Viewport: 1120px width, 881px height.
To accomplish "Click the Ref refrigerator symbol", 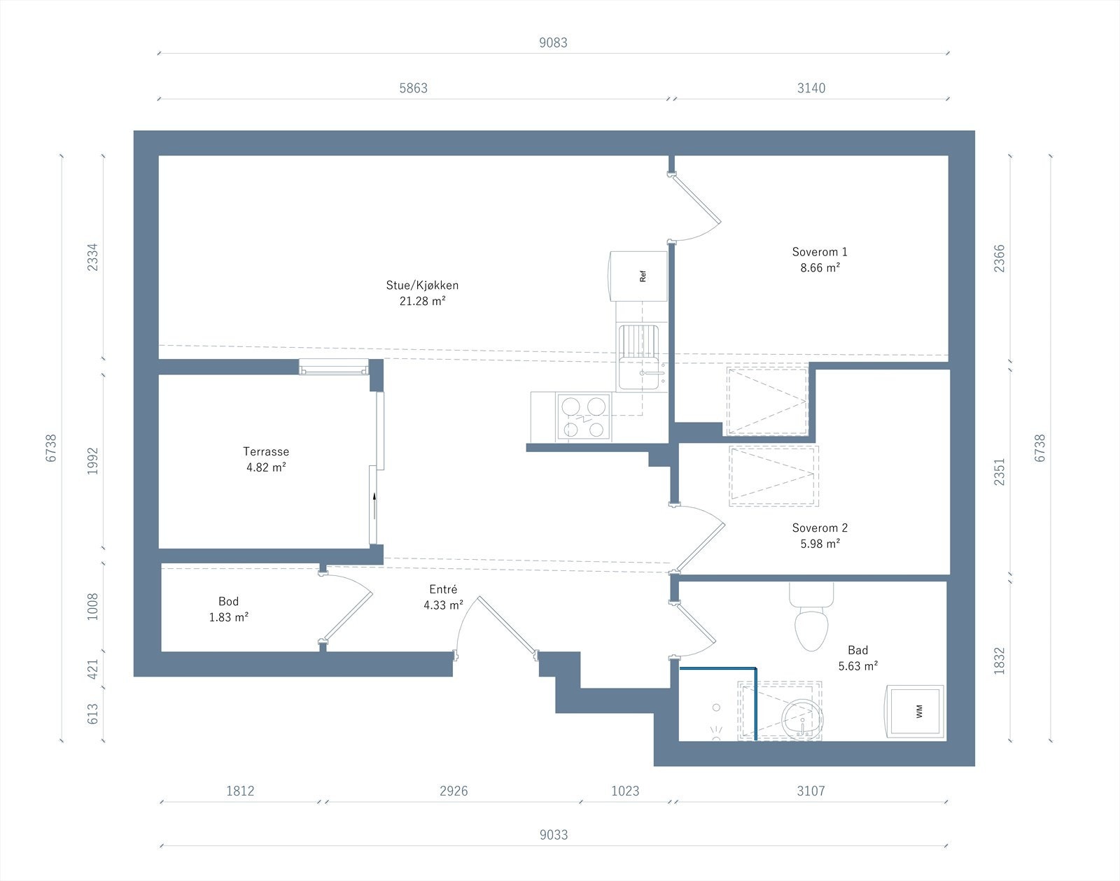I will [638, 276].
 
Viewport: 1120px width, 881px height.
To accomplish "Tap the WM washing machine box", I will [916, 712].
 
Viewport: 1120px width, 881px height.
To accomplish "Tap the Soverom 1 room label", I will [819, 252].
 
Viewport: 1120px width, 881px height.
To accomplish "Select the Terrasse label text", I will [266, 451].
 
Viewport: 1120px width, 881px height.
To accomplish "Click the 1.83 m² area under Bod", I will [229, 617].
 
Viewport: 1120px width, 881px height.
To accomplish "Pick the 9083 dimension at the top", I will [553, 43].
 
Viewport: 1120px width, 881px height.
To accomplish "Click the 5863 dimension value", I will [413, 88].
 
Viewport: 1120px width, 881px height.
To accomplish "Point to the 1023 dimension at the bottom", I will [625, 791].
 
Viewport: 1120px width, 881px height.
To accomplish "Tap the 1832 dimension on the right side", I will [999, 661].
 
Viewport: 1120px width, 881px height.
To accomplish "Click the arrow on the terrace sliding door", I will [375, 504].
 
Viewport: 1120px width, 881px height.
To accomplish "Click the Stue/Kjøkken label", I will [422, 285].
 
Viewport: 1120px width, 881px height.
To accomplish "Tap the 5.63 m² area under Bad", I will [857, 666].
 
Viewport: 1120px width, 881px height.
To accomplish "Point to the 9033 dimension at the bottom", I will [553, 835].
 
